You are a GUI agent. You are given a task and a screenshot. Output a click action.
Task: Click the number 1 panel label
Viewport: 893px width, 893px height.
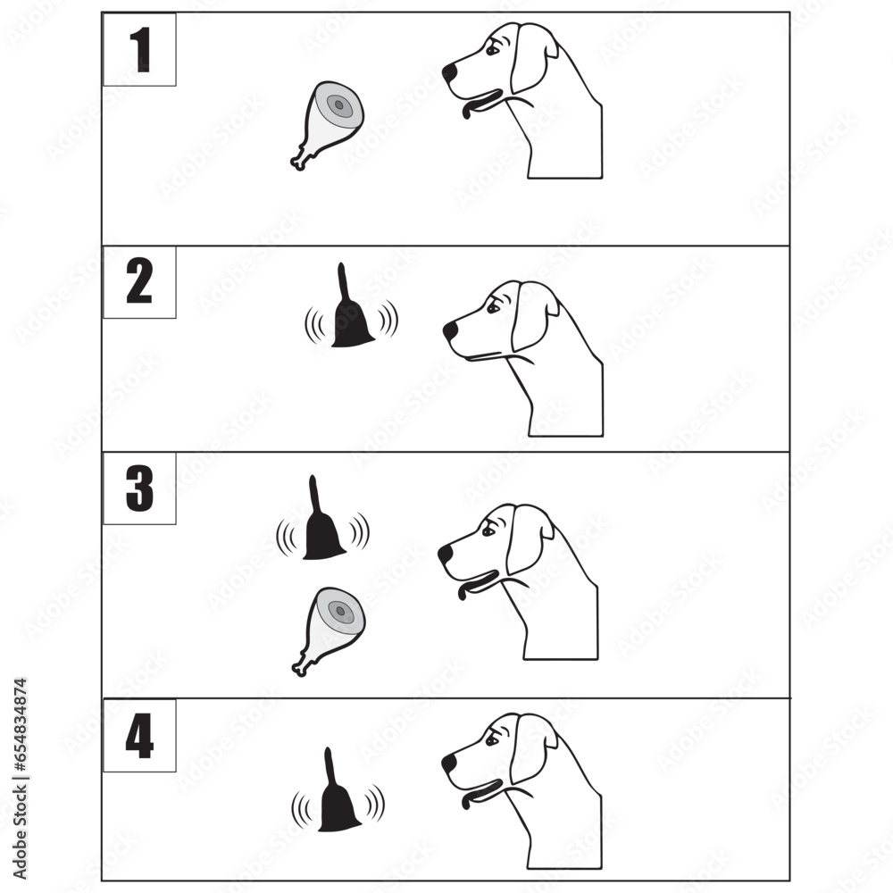tap(139, 50)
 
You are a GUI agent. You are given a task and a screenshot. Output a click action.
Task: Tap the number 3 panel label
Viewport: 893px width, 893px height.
tap(139, 488)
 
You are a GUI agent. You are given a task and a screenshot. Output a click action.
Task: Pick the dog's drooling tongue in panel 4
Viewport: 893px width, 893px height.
tap(468, 797)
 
